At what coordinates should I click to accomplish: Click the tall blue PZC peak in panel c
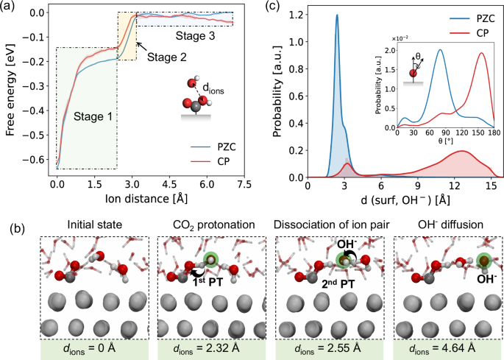click(x=337, y=16)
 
